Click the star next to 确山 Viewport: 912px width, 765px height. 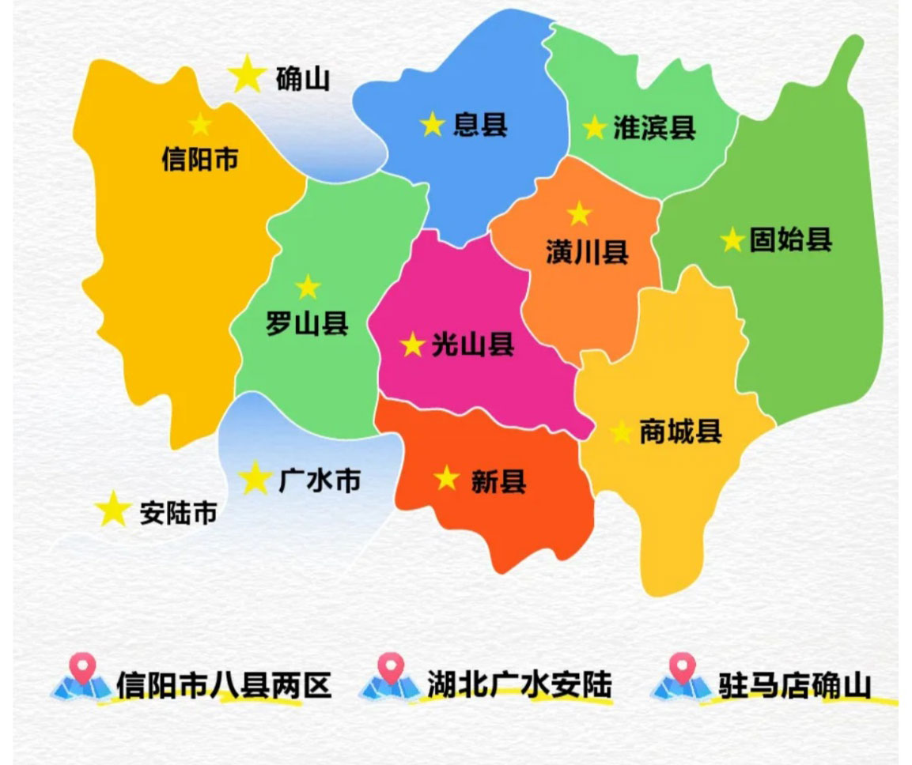(247, 73)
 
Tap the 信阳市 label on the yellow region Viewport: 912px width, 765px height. (199, 160)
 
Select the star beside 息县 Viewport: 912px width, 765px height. (432, 124)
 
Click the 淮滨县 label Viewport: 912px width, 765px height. (654, 127)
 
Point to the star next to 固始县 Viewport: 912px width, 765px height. (732, 239)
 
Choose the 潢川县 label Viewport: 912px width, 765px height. (587, 251)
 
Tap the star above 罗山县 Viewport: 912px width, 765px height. (307, 287)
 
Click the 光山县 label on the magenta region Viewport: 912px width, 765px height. (473, 345)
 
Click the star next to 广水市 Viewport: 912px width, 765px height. (255, 478)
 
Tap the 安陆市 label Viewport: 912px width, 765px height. (178, 513)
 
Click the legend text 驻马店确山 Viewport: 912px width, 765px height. (794, 684)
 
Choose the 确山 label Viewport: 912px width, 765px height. (302, 79)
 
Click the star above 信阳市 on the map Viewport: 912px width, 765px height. (200, 124)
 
